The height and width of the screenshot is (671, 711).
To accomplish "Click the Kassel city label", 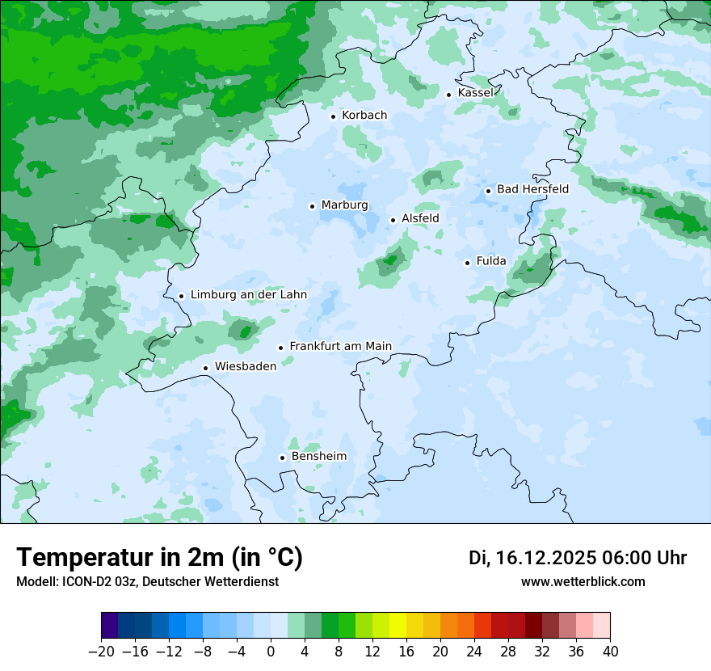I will tap(475, 93).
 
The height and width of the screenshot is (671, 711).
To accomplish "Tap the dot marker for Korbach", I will tap(333, 116).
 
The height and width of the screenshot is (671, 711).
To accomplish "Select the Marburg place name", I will tap(344, 205).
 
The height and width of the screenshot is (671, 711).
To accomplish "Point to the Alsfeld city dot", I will tap(393, 220).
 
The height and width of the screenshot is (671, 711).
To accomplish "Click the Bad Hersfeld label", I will tap(532, 189).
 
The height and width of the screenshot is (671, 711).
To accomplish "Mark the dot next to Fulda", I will tap(467, 263).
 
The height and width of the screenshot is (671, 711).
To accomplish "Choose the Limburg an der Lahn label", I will tap(249, 295).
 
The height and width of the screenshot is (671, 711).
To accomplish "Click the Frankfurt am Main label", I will tap(340, 346).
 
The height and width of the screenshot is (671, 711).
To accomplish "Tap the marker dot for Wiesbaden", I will tap(206, 369).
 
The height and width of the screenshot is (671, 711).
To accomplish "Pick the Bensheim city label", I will tap(318, 457).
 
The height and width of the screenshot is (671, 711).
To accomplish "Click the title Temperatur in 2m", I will tap(160, 558).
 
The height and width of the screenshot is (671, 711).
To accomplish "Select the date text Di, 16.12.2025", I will tap(532, 558).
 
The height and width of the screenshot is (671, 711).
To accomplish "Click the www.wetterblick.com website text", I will tap(583, 581).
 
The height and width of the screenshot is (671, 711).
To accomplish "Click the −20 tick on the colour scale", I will tap(101, 652).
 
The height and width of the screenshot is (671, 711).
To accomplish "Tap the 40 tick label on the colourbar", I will tap(610, 652).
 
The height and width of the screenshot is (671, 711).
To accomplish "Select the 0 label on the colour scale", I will tap(271, 652).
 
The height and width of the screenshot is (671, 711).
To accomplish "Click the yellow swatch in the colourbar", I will tap(398, 626).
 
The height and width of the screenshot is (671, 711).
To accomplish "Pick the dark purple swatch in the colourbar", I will tap(110, 626).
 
